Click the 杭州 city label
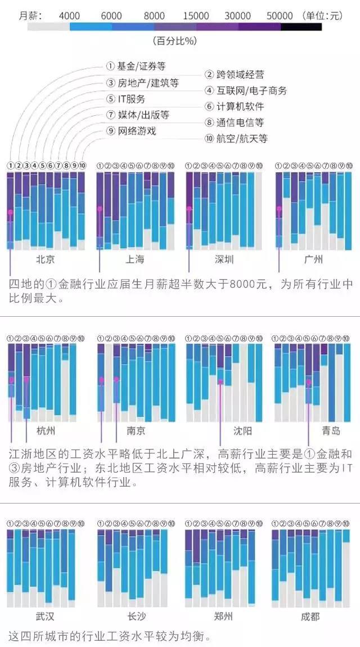(x=46, y=431)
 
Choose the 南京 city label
(x=136, y=431)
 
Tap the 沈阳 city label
(x=242, y=431)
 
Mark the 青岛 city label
(x=331, y=431)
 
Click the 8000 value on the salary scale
(x=154, y=16)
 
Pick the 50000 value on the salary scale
(x=280, y=16)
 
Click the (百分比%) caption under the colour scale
(x=174, y=41)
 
